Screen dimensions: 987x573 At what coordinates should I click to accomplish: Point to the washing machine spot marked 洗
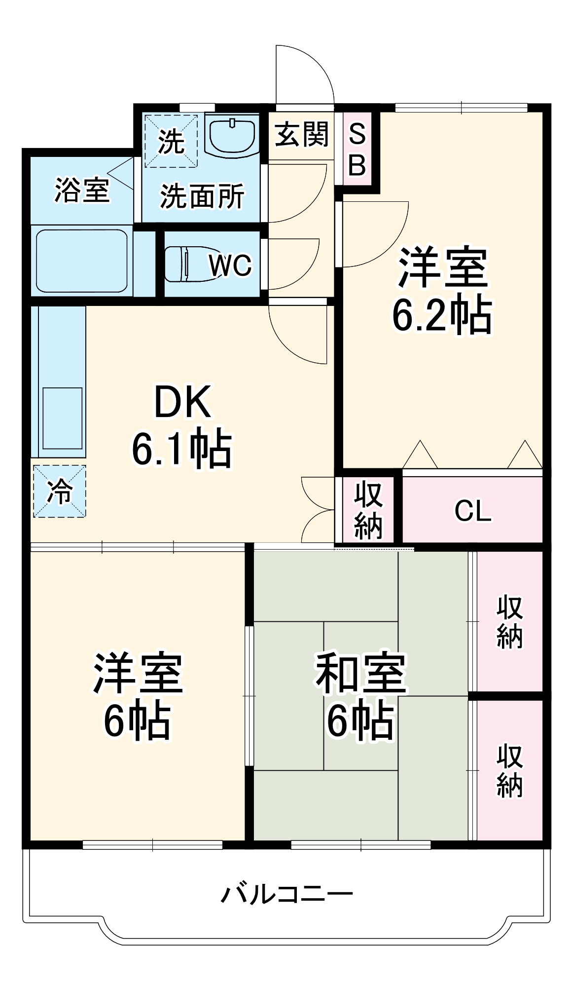pos(171,141)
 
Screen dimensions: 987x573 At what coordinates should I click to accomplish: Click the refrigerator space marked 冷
pos(59,492)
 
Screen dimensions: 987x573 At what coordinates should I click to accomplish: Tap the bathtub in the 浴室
pos(82,260)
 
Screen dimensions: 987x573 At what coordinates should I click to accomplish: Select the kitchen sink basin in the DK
pos(62,418)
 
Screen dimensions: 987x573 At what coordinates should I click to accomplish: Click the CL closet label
pos(472,511)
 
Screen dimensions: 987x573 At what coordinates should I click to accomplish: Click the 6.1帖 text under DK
pos(181,449)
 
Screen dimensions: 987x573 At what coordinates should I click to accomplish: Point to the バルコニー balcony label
pos(286,894)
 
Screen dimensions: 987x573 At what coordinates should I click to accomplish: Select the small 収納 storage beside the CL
pos(368,510)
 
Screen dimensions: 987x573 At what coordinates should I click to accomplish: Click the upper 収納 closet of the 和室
pos(509,621)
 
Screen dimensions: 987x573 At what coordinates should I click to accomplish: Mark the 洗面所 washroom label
pos(202,196)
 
